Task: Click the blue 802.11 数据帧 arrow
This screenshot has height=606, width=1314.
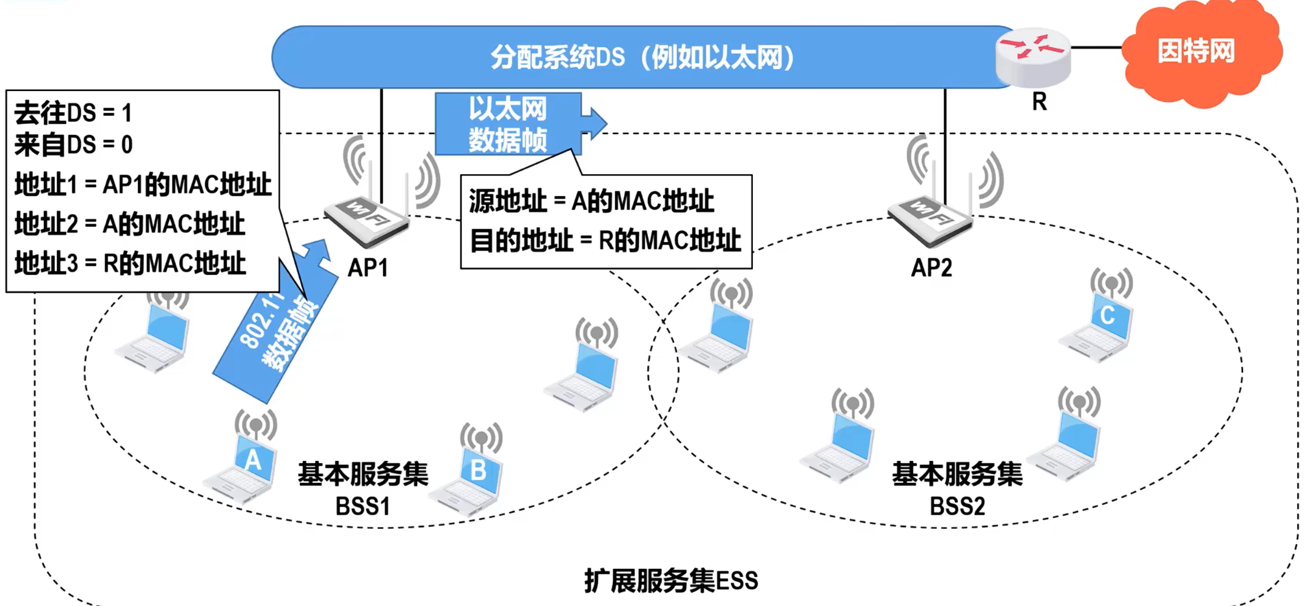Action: click(276, 334)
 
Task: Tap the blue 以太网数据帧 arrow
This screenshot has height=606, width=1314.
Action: click(510, 124)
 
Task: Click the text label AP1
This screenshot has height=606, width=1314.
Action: click(368, 268)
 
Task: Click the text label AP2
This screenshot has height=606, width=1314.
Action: click(932, 268)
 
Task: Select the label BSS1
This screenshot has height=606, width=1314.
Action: click(363, 507)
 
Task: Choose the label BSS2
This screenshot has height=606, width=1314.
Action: click(957, 507)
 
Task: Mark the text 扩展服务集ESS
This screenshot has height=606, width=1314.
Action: click(671, 581)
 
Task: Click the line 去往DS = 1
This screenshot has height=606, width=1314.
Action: click(73, 113)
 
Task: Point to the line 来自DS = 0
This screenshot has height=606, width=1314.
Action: click(73, 145)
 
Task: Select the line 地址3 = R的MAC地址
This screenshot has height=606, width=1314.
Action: click(130, 263)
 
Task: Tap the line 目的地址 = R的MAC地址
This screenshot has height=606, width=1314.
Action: click(605, 241)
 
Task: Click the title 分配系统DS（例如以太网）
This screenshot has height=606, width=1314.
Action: click(642, 58)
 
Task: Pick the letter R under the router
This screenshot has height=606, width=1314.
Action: click(1039, 102)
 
